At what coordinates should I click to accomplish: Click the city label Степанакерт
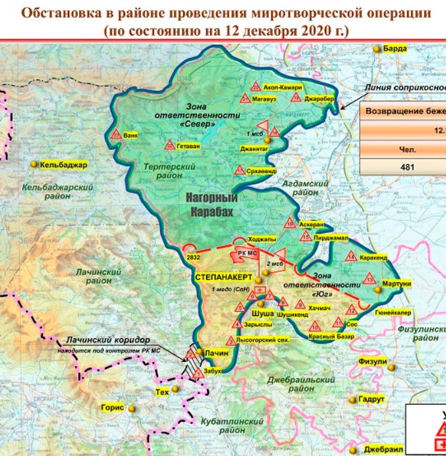point(223,278)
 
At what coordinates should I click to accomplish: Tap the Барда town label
point(396,49)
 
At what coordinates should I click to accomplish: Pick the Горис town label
point(112,407)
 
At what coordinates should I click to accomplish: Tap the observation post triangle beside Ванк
point(117,135)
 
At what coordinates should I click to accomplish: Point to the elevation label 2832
point(194,257)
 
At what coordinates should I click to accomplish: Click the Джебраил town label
point(387,448)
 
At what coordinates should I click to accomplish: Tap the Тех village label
point(161,392)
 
